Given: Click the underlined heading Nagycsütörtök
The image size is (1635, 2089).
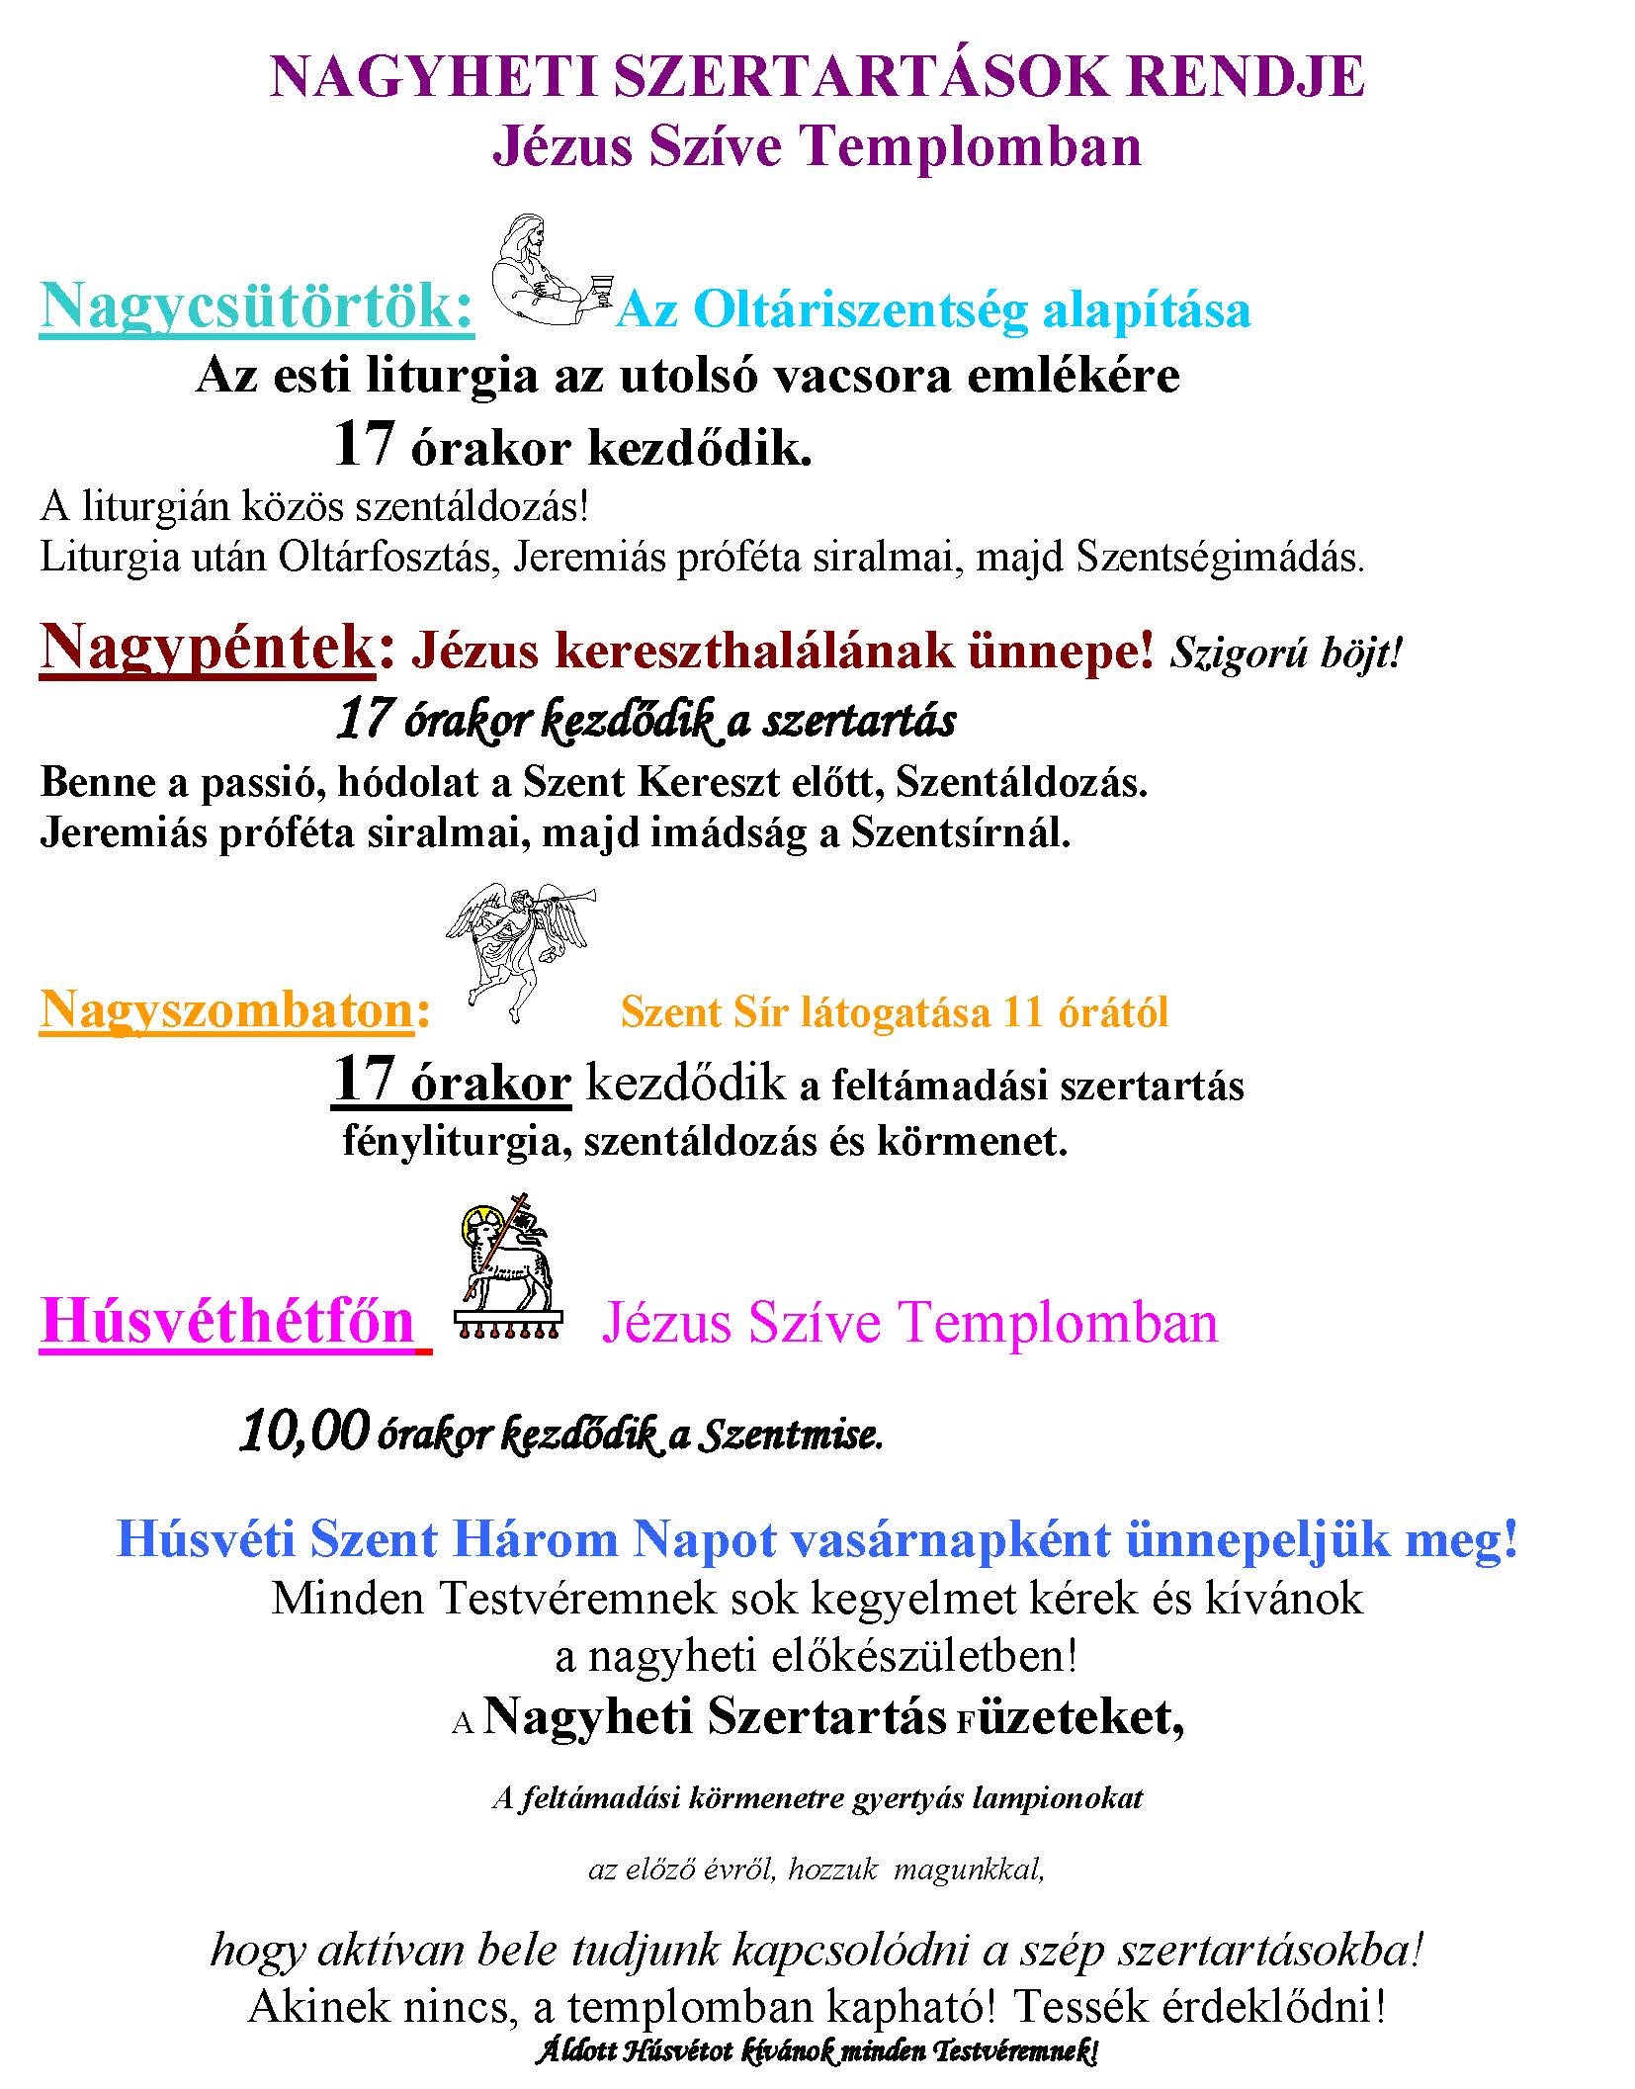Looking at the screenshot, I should click(x=256, y=306).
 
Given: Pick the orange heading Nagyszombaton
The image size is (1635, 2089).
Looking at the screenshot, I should click(x=225, y=1009).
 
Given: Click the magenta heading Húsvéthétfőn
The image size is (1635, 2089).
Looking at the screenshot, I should click(x=227, y=1321).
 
